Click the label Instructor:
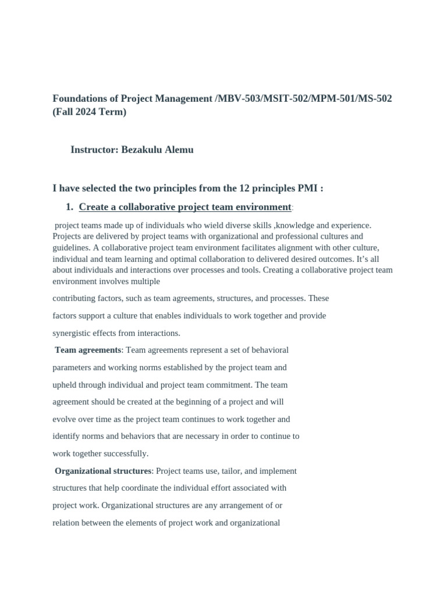pyautogui.click(x=94, y=150)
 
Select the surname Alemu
pyautogui.click(x=179, y=150)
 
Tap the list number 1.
pyautogui.click(x=69, y=207)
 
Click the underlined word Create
pyautogui.click(x=93, y=207)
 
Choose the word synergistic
pyautogui.click(x=74, y=333)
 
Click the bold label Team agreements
pyautogui.click(x=88, y=350)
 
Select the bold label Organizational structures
pyautogui.click(x=103, y=470)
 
